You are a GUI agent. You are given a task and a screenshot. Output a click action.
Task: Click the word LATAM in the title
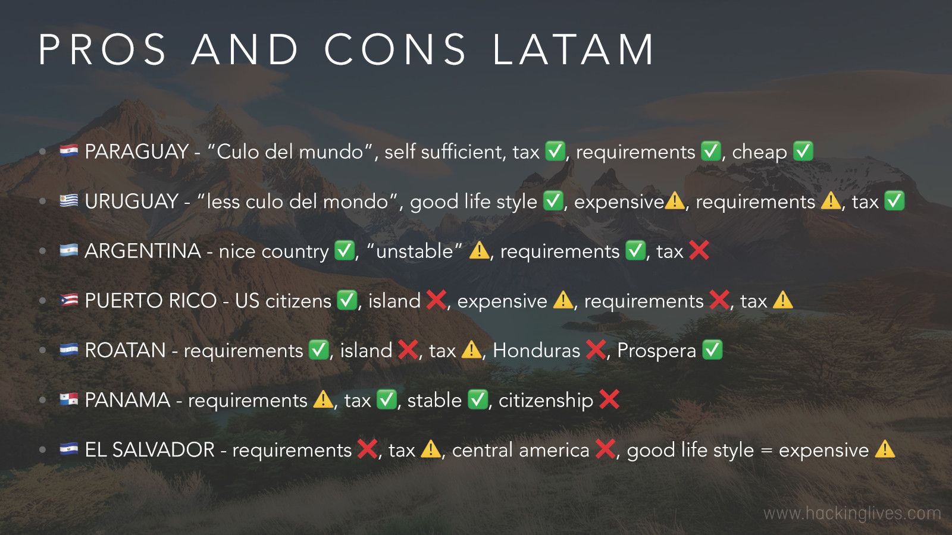(x=574, y=49)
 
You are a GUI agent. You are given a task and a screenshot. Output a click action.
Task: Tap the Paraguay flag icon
(x=69, y=151)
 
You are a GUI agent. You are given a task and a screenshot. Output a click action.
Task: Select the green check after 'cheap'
(x=803, y=151)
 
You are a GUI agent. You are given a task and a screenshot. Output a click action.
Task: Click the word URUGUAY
(x=131, y=202)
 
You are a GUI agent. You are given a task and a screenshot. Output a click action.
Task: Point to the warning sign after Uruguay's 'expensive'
(x=674, y=201)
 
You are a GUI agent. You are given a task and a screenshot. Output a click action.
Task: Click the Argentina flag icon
(x=69, y=250)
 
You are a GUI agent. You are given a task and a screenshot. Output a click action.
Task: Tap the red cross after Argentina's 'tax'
(x=699, y=250)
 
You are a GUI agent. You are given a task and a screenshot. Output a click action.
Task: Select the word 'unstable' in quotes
(x=414, y=251)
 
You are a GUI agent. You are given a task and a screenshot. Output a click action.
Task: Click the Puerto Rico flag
(x=69, y=300)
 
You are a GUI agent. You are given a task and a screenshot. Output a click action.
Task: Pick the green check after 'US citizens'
(x=347, y=300)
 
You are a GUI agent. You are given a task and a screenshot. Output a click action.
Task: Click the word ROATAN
(x=125, y=351)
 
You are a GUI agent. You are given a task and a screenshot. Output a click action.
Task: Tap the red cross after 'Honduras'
(x=596, y=350)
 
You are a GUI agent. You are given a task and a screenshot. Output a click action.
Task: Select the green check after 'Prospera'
(x=712, y=350)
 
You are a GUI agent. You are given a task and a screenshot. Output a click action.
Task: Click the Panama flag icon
(x=69, y=399)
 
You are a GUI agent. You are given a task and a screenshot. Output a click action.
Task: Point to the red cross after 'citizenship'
(x=610, y=399)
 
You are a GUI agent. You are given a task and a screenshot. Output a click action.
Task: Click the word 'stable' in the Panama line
(x=434, y=401)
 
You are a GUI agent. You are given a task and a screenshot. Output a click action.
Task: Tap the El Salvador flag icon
(x=69, y=449)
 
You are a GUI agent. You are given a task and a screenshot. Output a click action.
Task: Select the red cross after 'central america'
(x=605, y=449)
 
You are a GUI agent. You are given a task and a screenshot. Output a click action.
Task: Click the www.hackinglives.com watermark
(x=852, y=513)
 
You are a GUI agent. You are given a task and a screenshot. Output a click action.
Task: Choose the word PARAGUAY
(x=137, y=152)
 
